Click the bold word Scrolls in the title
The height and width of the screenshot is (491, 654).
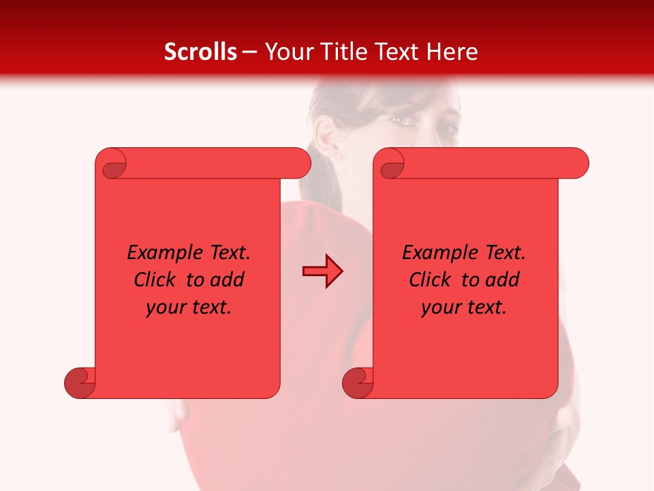pyautogui.click(x=200, y=52)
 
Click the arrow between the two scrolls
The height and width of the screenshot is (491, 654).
pyautogui.click(x=322, y=271)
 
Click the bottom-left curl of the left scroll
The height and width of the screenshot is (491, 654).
pyautogui.click(x=80, y=383)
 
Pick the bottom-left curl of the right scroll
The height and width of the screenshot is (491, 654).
pyautogui.click(x=358, y=383)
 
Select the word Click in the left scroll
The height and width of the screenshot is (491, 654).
pyautogui.click(x=157, y=280)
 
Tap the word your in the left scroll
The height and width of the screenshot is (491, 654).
pyautogui.click(x=165, y=308)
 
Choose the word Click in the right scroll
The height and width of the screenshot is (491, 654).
pyautogui.click(x=430, y=280)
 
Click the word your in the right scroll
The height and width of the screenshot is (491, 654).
pyautogui.click(x=440, y=308)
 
